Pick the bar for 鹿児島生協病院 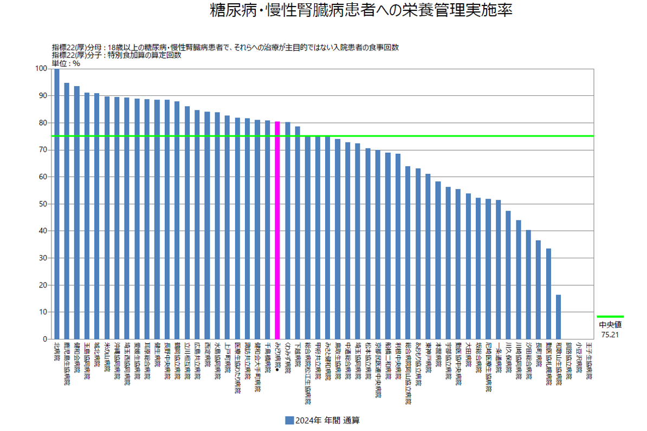(x=67, y=211)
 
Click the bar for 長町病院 (x=538, y=290)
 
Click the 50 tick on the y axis (x=41, y=204)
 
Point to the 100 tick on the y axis (x=40, y=69)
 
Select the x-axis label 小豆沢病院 (x=578, y=357)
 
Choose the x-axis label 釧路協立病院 (x=568, y=361)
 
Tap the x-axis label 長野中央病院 (x=167, y=361)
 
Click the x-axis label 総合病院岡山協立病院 (x=408, y=374)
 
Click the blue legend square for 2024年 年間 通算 (x=289, y=420)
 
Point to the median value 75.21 (x=610, y=335)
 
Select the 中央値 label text (x=610, y=325)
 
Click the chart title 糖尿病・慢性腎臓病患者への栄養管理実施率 (x=361, y=11)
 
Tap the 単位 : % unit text (x=66, y=63)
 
